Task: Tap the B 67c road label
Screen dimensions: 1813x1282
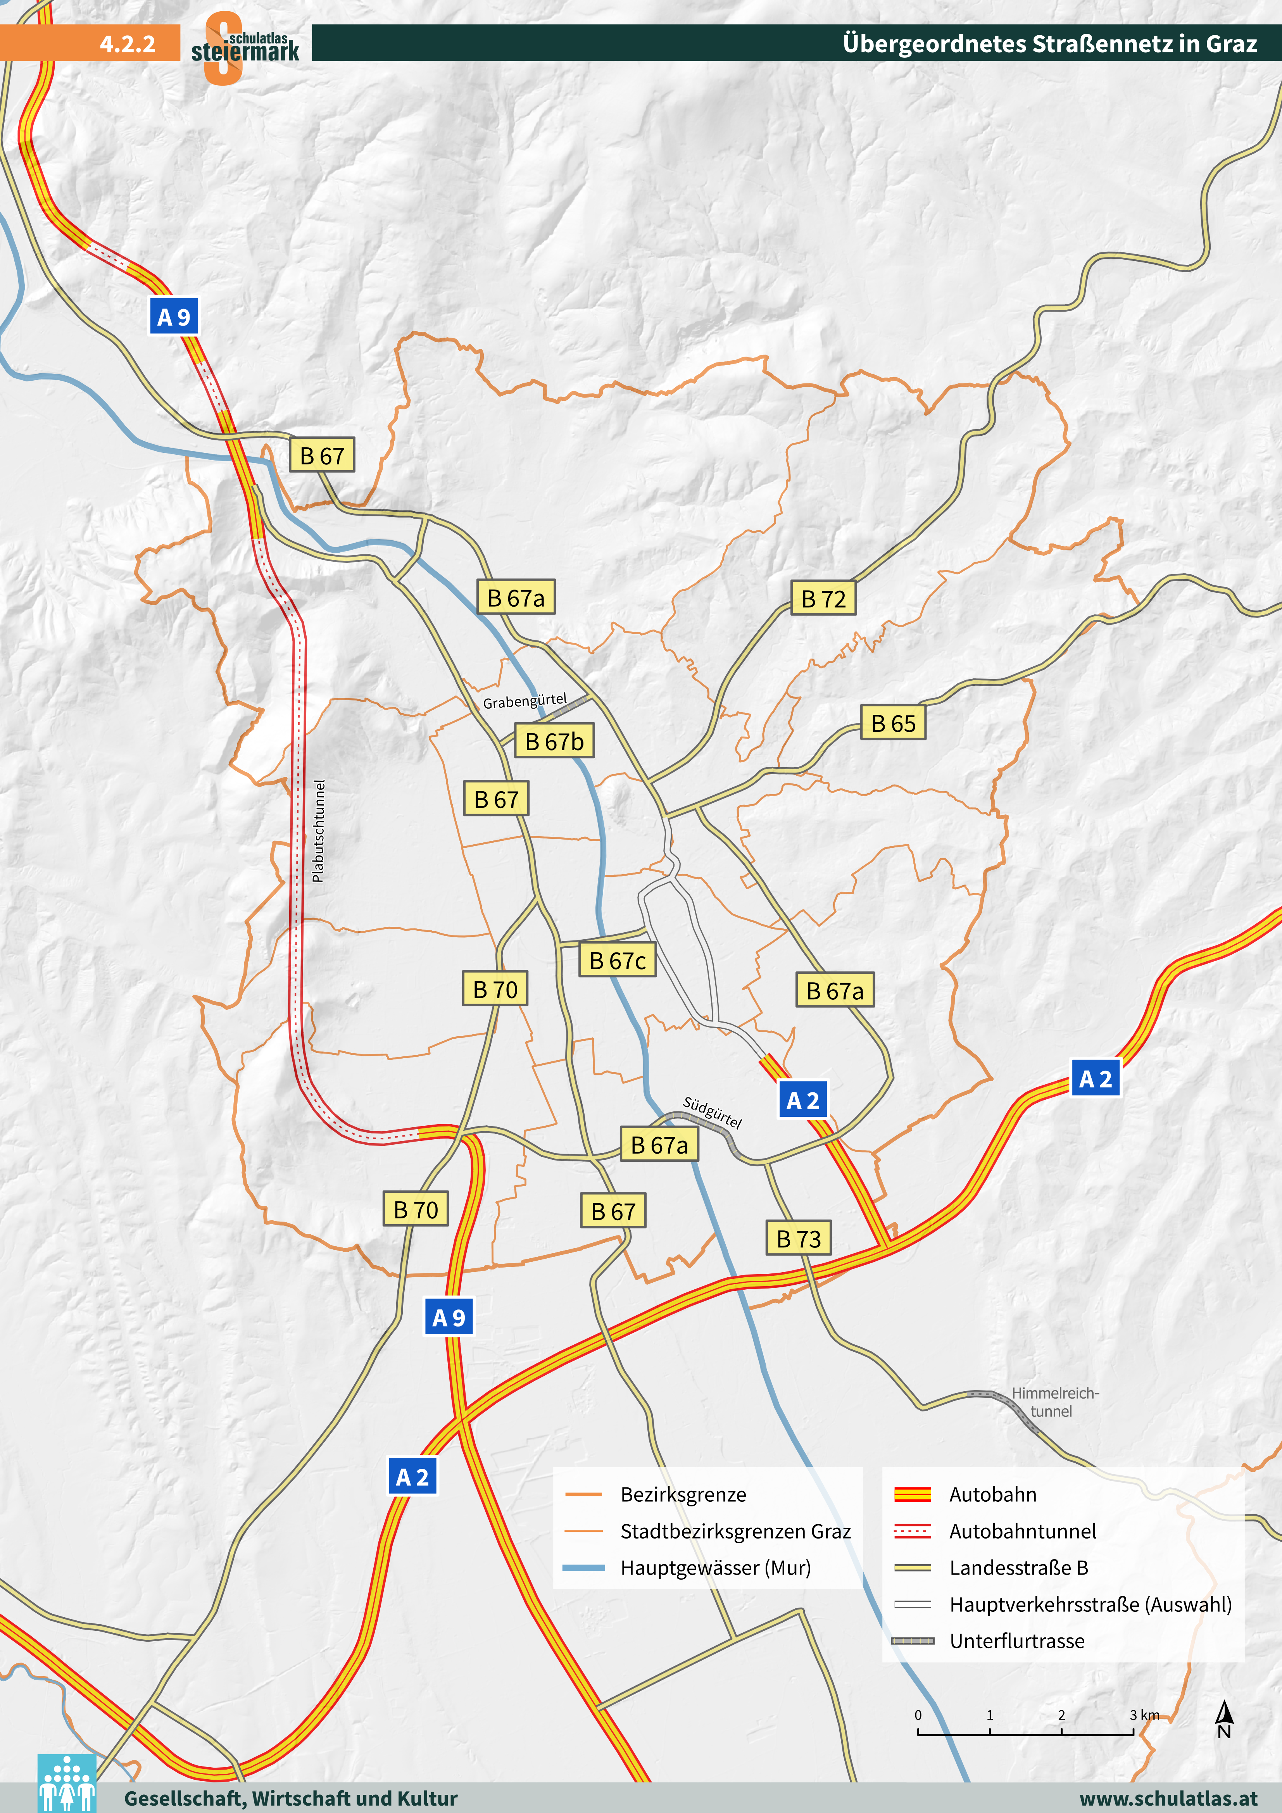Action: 617,960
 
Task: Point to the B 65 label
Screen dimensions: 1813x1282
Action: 892,723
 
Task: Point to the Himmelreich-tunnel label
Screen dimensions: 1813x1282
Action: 1054,1402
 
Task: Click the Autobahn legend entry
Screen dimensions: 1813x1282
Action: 992,1494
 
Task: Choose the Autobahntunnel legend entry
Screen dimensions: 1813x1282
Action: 1022,1531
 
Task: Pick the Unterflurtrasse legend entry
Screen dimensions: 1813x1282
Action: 1016,1641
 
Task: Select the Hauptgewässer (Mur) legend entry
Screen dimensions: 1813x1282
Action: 715,1567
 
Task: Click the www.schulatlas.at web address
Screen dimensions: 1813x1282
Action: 1168,1798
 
